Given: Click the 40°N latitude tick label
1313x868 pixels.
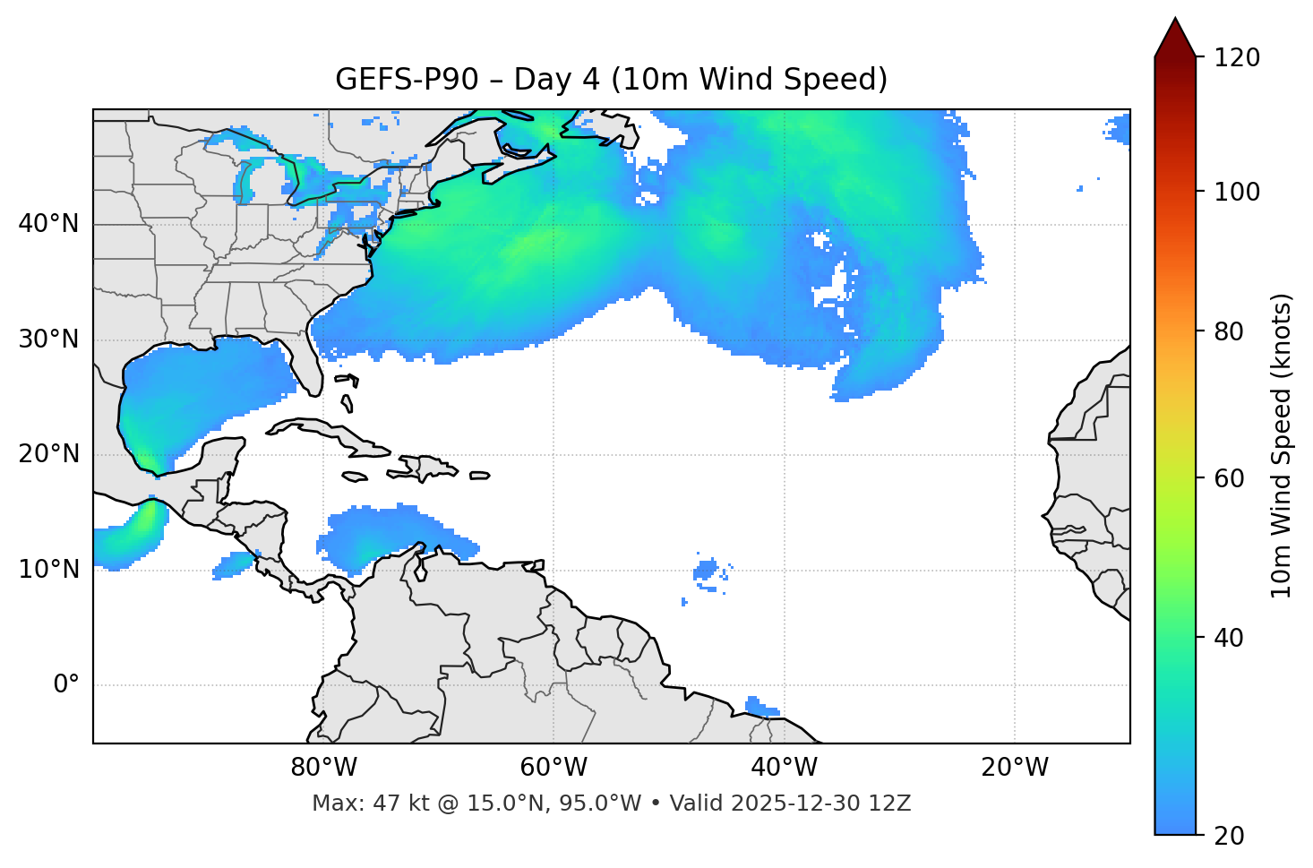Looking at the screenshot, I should (x=48, y=224).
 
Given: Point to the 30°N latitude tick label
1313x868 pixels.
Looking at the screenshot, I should (x=48, y=339).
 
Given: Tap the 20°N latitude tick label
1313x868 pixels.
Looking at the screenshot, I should (x=48, y=454).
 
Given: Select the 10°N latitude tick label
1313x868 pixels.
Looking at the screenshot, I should (x=48, y=570).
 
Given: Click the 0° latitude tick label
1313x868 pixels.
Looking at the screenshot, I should (x=66, y=685).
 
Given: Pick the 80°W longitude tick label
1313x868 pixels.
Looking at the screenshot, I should (x=323, y=768).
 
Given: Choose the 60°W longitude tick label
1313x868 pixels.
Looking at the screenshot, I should (x=554, y=768).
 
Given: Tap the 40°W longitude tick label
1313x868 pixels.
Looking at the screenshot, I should (x=784, y=768).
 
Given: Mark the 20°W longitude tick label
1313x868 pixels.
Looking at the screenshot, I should (x=1015, y=768).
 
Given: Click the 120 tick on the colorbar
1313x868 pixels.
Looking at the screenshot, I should (x=1237, y=58).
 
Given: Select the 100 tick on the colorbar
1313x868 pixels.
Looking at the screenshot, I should (x=1237, y=192).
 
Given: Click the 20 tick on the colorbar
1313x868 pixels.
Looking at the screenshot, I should (x=1228, y=836).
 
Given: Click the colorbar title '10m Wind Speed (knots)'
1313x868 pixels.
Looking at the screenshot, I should (x=1283, y=446).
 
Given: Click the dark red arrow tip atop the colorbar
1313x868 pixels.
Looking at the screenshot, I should (x=1175, y=36).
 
